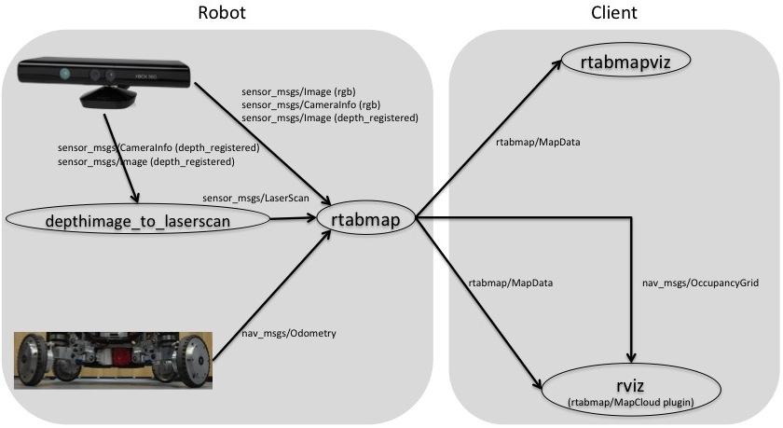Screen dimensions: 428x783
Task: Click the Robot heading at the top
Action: [223, 13]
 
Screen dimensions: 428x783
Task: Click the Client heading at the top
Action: [615, 13]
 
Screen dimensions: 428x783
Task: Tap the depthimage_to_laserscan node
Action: [138, 220]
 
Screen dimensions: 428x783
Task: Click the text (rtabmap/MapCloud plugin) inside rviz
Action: [634, 402]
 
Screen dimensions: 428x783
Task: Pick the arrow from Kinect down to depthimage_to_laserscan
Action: [124, 154]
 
